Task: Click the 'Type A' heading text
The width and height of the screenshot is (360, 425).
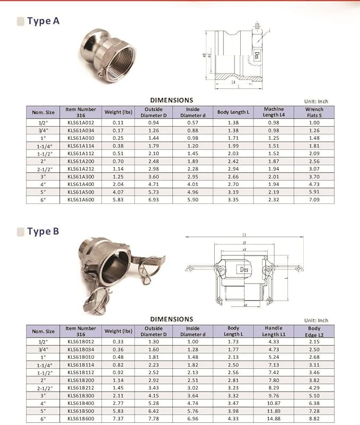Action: click(43, 21)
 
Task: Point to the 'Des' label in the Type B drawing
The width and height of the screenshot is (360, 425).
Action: click(244, 269)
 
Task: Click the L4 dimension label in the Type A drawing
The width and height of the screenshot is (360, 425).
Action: click(234, 83)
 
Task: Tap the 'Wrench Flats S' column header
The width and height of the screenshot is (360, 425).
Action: click(314, 112)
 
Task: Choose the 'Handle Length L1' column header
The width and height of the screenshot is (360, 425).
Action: click(273, 331)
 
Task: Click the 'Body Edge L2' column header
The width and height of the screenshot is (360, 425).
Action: click(314, 331)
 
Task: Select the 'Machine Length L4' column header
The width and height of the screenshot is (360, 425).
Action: click(274, 112)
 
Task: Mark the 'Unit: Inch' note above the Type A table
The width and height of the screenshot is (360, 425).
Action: click(316, 101)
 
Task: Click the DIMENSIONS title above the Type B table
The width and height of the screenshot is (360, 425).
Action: click(171, 319)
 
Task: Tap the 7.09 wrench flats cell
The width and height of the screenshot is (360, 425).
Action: click(314, 200)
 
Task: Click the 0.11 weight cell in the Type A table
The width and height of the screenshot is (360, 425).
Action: click(118, 122)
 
